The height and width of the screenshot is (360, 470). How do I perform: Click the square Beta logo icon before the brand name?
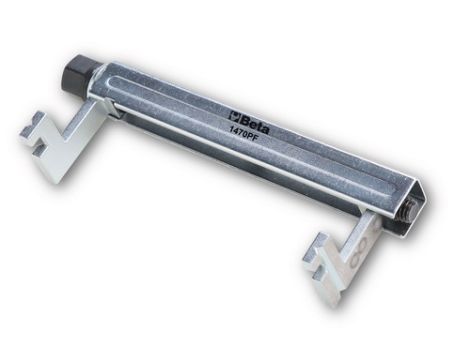[x=235, y=116]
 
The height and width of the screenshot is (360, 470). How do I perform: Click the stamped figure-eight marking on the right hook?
[x=359, y=254]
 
